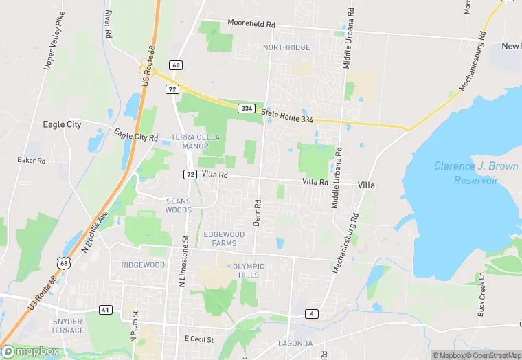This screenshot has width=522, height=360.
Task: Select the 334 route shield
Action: (247, 109)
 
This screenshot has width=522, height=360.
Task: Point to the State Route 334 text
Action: (286, 118)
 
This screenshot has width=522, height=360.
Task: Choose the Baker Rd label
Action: (31, 160)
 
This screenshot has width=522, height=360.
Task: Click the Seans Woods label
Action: (179, 205)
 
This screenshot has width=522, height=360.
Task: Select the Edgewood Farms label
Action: (224, 238)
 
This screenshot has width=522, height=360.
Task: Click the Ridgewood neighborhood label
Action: (143, 265)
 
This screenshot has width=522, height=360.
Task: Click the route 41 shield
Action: (105, 310)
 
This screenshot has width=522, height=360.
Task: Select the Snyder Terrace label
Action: (67, 326)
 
